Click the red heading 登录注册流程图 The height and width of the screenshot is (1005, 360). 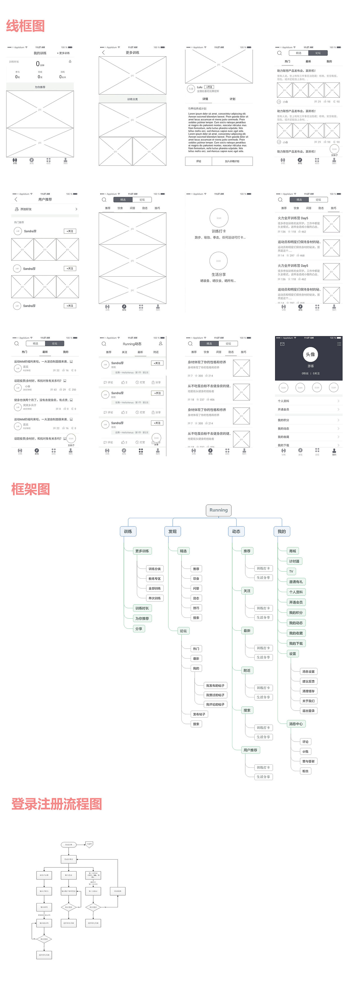(x=57, y=804)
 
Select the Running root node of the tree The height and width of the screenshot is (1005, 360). (x=219, y=510)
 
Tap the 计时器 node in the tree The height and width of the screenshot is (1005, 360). (x=294, y=561)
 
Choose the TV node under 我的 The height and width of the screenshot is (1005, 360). (x=291, y=571)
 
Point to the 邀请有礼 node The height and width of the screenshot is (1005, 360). (x=296, y=582)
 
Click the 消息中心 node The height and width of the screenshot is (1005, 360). (x=296, y=724)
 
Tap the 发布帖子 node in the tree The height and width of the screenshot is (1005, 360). (x=199, y=714)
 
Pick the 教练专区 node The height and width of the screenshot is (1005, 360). (x=154, y=579)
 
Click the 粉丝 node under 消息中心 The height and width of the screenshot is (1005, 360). (x=305, y=771)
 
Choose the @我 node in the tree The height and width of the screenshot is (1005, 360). (x=305, y=751)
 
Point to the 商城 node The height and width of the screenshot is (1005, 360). (x=292, y=551)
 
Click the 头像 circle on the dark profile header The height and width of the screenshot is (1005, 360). (x=310, y=354)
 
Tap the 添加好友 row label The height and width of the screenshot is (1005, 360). (x=26, y=209)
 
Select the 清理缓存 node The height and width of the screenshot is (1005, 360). (x=308, y=691)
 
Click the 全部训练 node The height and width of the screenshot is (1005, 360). (x=154, y=588)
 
